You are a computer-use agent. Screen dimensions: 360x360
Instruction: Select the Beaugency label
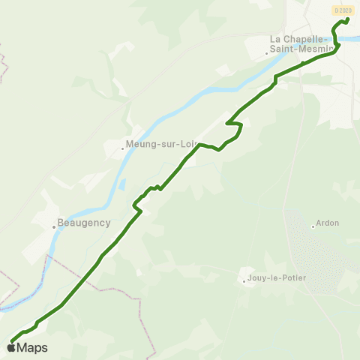pyautogui.click(x=84, y=223)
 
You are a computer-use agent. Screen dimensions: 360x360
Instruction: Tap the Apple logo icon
pyautogui.click(x=12, y=347)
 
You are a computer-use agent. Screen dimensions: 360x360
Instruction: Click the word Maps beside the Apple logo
pyautogui.click(x=32, y=347)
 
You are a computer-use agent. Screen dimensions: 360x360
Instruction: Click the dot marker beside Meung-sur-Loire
pyautogui.click(x=123, y=148)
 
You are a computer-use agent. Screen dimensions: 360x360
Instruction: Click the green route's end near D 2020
pyautogui.click(x=347, y=20)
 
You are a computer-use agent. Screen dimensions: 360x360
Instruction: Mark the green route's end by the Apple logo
pyautogui.click(x=13, y=340)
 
